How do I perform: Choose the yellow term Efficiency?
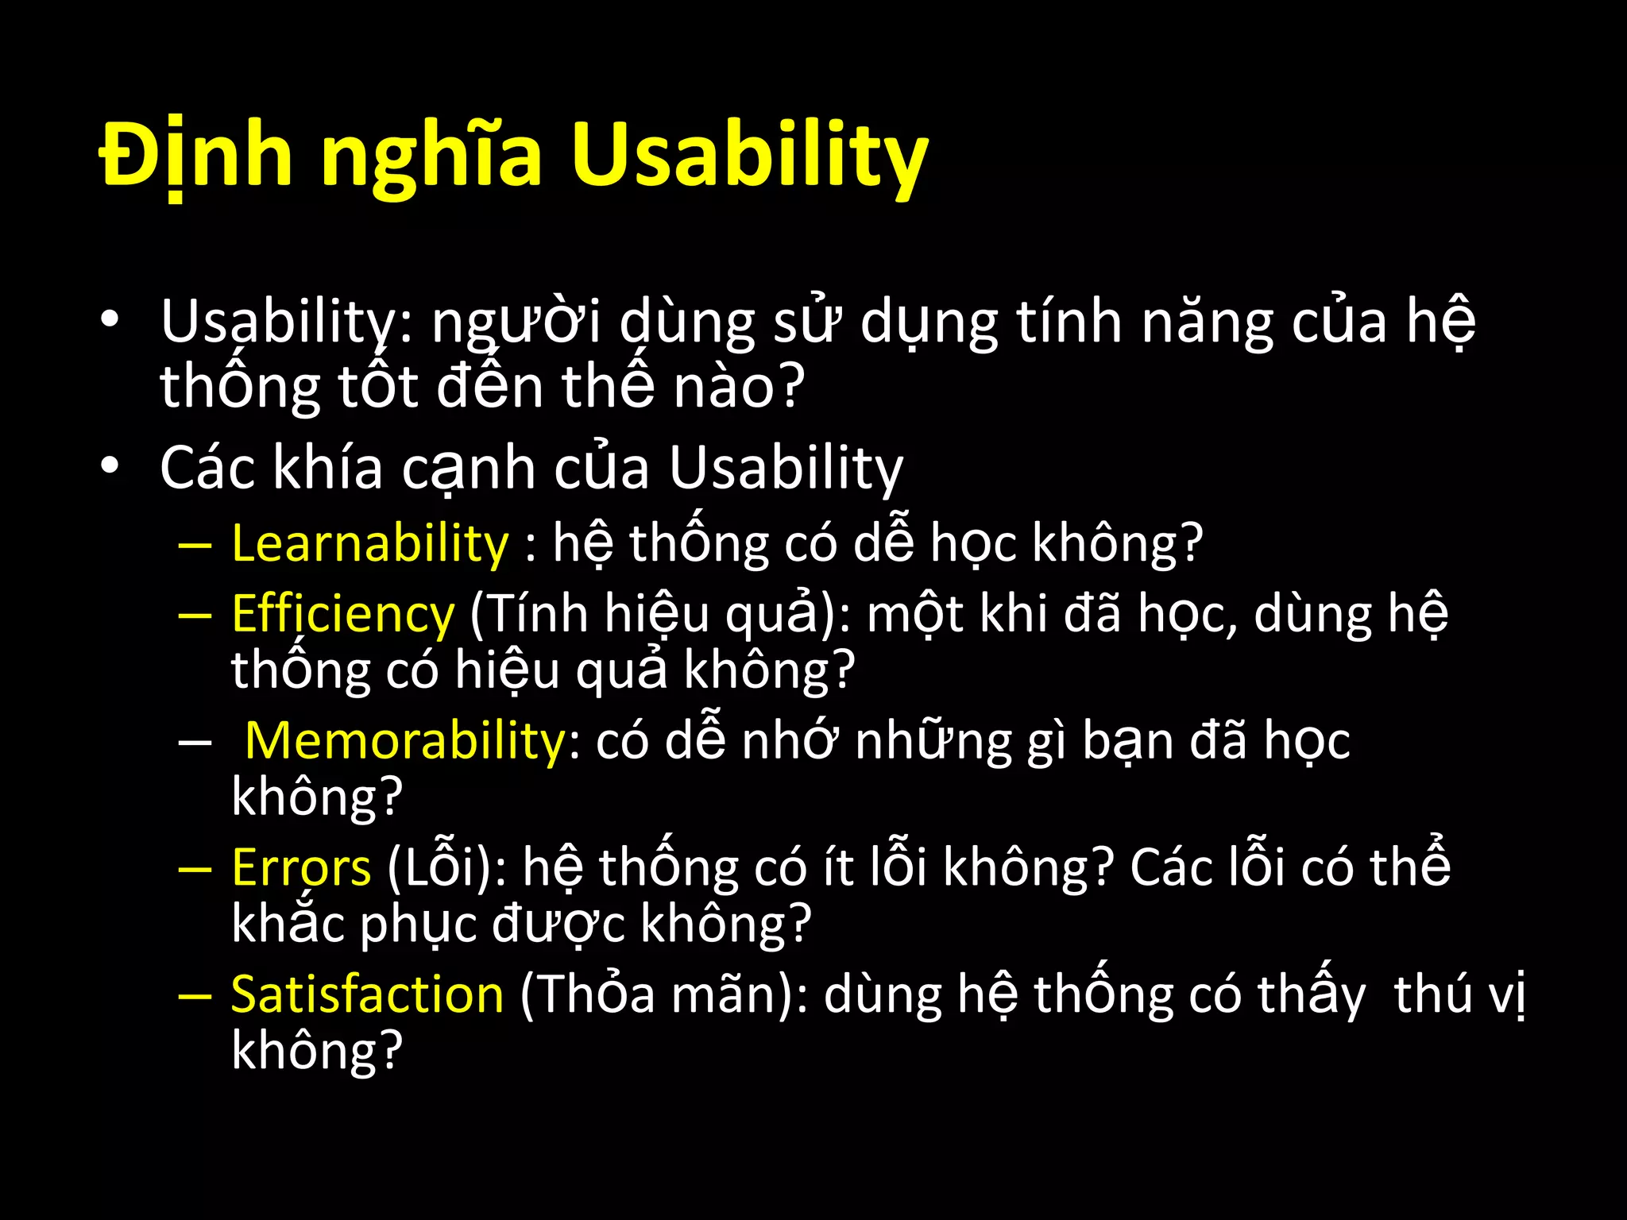[343, 614]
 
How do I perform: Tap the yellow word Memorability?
[405, 740]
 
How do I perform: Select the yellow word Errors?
[301, 867]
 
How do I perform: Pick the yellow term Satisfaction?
[367, 994]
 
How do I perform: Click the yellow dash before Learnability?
[195, 546]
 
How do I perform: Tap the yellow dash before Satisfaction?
[195, 996]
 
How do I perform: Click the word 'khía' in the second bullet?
[328, 467]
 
